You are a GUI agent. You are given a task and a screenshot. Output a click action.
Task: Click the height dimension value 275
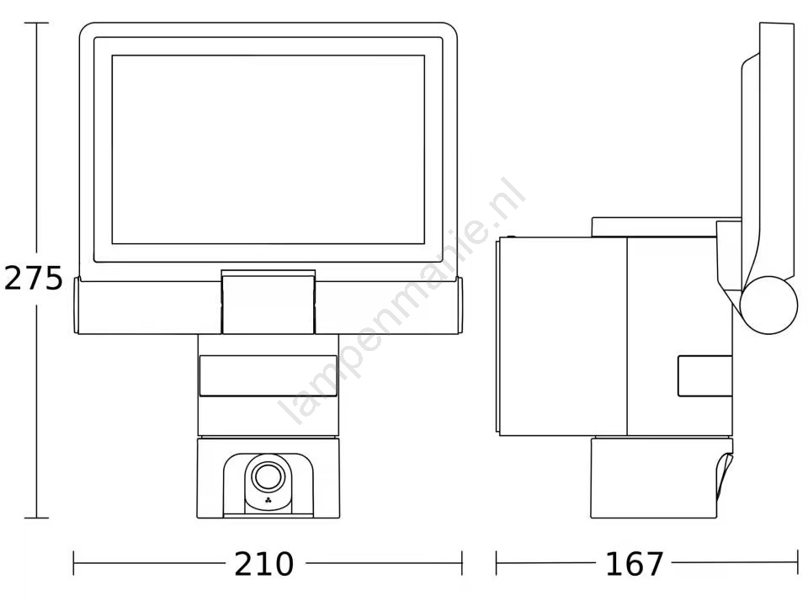34,279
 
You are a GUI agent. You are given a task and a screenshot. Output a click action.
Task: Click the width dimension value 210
263,564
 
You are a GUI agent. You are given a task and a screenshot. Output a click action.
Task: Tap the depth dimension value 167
635,564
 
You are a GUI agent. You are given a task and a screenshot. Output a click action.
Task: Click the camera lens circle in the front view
268,476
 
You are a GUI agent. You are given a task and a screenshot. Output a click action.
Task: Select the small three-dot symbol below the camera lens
268,500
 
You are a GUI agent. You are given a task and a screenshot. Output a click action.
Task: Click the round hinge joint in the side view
768,305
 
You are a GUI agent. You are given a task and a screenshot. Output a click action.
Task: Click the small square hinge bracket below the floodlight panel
268,302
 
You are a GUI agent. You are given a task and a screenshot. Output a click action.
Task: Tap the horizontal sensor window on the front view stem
268,375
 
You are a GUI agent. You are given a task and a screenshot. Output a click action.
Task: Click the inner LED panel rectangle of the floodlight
268,150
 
